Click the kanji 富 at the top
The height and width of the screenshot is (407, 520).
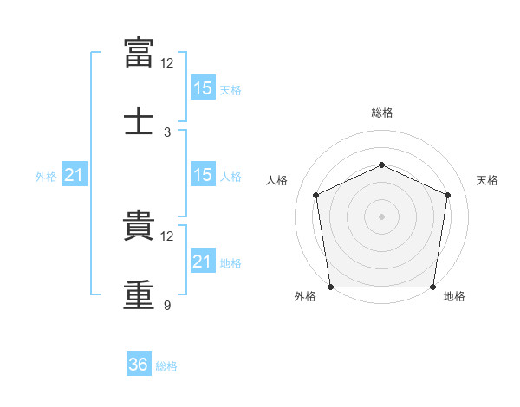tap(140, 51)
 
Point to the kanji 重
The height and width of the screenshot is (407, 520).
tap(140, 294)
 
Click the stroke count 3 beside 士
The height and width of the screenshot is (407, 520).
tap(167, 132)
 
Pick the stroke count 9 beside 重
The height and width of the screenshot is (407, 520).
tap(167, 306)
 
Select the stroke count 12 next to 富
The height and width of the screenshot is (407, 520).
tap(167, 63)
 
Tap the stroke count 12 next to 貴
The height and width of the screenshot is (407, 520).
tap(167, 236)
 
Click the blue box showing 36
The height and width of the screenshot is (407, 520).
tap(139, 365)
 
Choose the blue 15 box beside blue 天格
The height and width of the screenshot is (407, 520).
tap(203, 87)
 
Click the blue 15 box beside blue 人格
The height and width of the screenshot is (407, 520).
tap(203, 175)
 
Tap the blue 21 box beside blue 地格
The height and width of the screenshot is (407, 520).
tap(203, 262)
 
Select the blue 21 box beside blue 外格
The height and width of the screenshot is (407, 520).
tap(75, 176)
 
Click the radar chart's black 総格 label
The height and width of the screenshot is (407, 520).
tap(382, 113)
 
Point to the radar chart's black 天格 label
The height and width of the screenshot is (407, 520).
tap(488, 180)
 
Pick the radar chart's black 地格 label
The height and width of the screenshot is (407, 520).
tap(454, 297)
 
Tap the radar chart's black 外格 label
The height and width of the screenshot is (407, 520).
tap(305, 297)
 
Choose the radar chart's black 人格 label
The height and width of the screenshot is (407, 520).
tap(277, 180)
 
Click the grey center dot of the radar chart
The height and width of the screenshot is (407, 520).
tap(381, 216)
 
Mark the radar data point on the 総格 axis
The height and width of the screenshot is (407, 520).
tap(381, 165)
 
